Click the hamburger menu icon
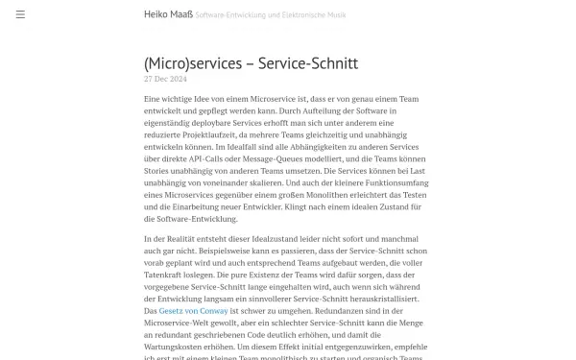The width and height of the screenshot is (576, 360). (x=20, y=14)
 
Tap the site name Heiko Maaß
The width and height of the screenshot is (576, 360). (x=166, y=15)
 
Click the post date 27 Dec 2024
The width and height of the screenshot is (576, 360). (x=164, y=81)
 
